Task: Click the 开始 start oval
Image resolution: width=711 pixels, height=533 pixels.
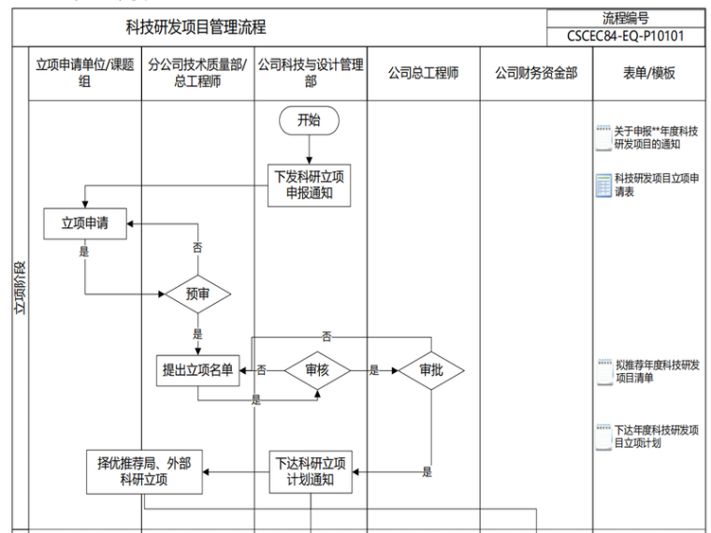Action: pos(309,120)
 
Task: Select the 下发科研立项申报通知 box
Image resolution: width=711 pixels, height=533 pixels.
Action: pos(309,185)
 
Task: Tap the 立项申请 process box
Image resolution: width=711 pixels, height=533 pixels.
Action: pos(85,223)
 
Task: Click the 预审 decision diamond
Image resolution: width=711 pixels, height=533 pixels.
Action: pos(196,295)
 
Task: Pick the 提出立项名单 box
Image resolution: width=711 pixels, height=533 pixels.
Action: pos(197,370)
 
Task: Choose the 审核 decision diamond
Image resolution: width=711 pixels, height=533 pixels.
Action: pos(317,370)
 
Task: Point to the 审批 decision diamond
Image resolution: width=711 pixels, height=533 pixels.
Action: pos(431,370)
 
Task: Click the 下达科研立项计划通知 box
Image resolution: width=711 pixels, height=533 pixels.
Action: pos(310,472)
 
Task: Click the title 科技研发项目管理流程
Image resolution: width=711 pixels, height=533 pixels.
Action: pos(196,28)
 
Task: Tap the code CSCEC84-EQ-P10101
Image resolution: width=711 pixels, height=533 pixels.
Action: pos(626,36)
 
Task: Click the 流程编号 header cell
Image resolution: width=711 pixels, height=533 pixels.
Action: pos(626,19)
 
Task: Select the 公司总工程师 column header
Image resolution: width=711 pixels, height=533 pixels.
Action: pos(424,73)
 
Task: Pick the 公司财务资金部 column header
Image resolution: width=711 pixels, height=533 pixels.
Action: pos(536,73)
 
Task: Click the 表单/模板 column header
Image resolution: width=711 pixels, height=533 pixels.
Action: pos(648,73)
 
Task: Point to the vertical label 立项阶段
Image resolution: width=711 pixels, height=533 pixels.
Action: pos(20,290)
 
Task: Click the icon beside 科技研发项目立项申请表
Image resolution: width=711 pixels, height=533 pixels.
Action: pos(604,184)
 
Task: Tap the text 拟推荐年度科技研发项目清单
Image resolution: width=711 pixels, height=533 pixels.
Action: pos(657,371)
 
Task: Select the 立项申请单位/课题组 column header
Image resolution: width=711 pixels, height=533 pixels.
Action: pos(85,73)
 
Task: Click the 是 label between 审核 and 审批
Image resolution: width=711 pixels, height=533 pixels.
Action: pos(374,370)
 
